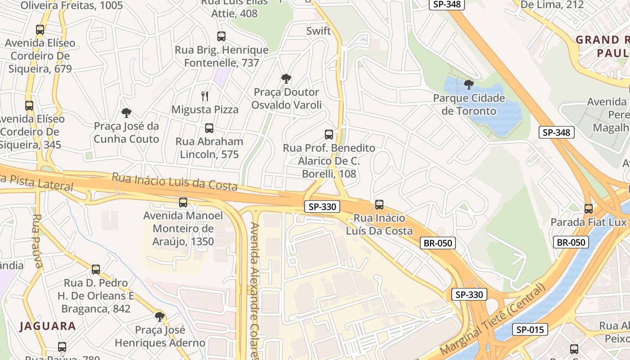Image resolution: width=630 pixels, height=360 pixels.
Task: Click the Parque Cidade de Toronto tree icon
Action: click(x=469, y=84)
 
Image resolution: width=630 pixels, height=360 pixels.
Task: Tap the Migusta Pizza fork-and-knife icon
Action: click(x=205, y=96)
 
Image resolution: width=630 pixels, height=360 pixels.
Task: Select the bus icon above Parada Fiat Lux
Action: click(x=589, y=208)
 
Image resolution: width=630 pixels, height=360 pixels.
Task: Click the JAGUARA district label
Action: click(x=47, y=326)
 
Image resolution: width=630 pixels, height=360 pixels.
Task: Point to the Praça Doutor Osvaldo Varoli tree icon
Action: click(x=286, y=79)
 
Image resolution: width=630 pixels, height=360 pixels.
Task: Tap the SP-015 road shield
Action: click(x=530, y=329)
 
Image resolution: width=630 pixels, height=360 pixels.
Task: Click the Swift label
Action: click(x=318, y=31)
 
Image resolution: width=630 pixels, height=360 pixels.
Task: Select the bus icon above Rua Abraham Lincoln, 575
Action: click(x=209, y=128)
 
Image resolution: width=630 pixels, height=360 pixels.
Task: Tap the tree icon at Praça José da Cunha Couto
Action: click(x=126, y=113)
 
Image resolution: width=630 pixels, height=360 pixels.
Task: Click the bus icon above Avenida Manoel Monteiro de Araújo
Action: click(x=183, y=202)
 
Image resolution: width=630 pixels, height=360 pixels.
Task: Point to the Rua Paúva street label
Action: click(x=37, y=240)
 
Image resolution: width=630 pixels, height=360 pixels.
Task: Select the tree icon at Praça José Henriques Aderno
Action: click(x=159, y=316)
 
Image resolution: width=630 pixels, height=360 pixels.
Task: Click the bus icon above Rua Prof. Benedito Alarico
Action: click(x=329, y=135)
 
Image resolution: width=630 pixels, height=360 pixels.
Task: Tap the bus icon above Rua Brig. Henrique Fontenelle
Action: click(x=221, y=36)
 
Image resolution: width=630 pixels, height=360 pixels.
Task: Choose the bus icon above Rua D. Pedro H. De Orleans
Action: click(x=96, y=270)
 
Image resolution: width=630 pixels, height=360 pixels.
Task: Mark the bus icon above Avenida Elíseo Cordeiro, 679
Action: click(x=40, y=30)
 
